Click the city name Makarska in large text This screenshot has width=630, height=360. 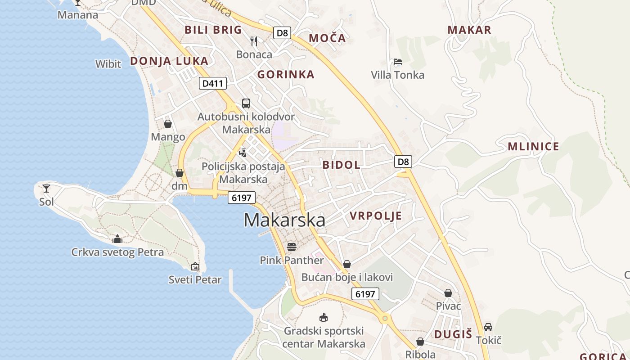[x=284, y=220]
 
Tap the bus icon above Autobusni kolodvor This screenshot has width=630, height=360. [x=246, y=103]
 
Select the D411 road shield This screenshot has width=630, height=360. [x=213, y=83]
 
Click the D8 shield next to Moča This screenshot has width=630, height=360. [x=282, y=32]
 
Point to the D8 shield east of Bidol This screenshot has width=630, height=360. [x=403, y=162]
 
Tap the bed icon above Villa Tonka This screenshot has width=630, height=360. [x=397, y=62]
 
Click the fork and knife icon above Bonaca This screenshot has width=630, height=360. [x=254, y=41]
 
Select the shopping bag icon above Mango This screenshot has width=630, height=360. [x=168, y=124]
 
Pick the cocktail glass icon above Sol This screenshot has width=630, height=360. [x=46, y=189]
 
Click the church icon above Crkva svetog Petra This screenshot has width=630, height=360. [x=117, y=238]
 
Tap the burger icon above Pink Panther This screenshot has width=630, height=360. [x=292, y=247]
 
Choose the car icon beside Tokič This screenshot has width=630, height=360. [x=488, y=327]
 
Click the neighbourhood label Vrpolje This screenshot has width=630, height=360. [x=376, y=216]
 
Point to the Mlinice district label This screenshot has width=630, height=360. [x=533, y=146]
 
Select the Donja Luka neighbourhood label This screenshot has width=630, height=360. [x=169, y=61]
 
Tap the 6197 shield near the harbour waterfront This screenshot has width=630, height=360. [x=242, y=197]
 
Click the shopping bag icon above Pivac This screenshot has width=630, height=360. [x=448, y=293]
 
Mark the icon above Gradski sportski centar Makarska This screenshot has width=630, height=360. [x=323, y=318]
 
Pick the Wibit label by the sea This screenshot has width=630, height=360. [x=108, y=64]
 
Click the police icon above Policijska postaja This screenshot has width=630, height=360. [x=243, y=153]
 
